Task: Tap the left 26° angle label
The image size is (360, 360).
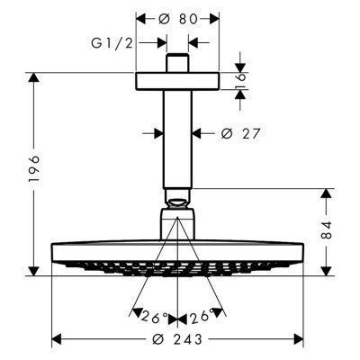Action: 156,316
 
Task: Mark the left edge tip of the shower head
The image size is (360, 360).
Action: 54,248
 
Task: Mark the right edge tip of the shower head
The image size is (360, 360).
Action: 300,248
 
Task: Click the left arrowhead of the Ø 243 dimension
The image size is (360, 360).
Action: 57,339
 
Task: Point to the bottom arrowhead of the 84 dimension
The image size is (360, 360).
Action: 327,270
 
